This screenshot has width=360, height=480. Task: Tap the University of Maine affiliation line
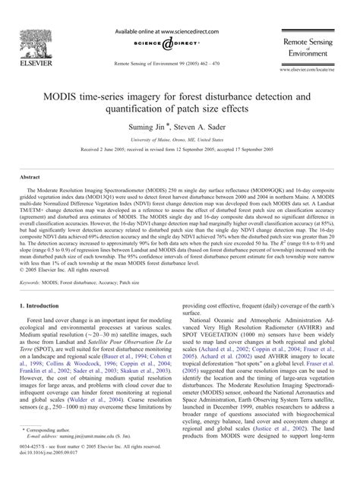tap(179, 142)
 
